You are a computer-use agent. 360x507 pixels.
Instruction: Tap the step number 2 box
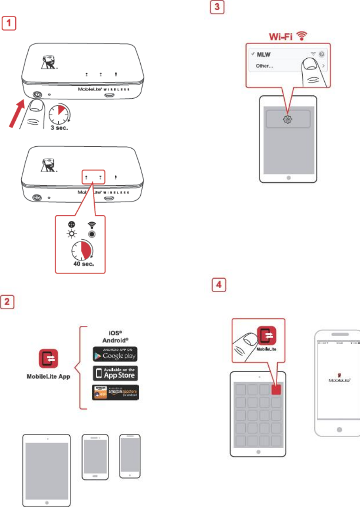9,302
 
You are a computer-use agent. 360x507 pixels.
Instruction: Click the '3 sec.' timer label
59,128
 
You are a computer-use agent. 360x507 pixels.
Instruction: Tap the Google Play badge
115,354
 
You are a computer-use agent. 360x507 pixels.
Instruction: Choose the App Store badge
115,373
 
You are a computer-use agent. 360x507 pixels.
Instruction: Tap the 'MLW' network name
264,54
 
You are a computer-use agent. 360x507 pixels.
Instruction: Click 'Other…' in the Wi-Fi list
264,66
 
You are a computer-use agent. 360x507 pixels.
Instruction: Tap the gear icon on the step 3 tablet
287,119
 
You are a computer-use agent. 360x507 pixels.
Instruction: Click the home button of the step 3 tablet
288,177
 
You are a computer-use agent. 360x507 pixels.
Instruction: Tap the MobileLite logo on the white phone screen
338,377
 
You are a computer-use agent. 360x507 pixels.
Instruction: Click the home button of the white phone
338,429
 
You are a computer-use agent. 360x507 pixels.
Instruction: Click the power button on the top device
36,93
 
